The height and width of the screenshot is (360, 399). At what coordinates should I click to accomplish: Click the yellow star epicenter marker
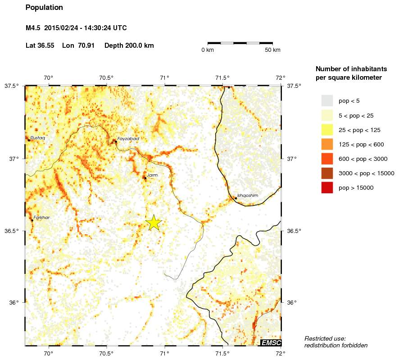click(x=154, y=223)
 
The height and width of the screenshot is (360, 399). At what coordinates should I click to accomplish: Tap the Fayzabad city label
click(x=128, y=139)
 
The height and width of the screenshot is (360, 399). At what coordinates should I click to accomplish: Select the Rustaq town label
click(x=37, y=137)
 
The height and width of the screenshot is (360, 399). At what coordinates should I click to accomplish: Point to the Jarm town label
click(x=152, y=175)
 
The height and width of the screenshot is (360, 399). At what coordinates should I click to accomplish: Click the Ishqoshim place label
click(x=248, y=195)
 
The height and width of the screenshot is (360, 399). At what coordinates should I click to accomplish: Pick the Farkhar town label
click(x=41, y=217)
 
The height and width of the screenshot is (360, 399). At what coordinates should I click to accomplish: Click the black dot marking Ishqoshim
click(x=236, y=198)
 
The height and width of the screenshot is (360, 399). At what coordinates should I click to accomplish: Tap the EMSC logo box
click(x=271, y=343)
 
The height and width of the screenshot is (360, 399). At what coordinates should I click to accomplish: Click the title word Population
click(x=44, y=8)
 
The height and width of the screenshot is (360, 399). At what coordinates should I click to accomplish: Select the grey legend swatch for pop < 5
click(x=327, y=100)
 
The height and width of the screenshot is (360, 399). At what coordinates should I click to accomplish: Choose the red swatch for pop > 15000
click(x=327, y=188)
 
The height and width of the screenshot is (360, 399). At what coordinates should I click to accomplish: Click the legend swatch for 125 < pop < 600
click(x=327, y=144)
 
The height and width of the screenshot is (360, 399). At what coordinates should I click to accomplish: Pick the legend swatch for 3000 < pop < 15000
click(x=327, y=173)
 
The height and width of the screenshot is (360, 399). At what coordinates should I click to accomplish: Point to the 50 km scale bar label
click(x=273, y=50)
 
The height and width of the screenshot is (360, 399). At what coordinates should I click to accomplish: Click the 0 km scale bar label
click(x=208, y=50)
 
